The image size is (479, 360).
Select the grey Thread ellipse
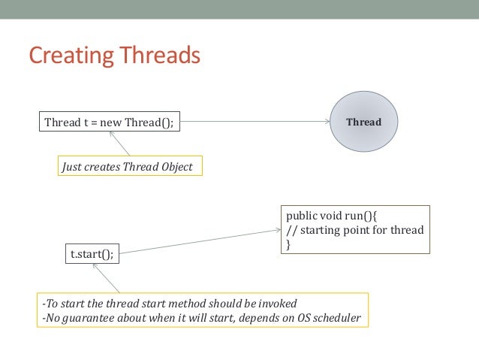363,122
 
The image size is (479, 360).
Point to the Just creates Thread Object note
131,167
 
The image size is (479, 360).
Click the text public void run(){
322,216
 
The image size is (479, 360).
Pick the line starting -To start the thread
170,304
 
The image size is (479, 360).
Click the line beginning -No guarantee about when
202,318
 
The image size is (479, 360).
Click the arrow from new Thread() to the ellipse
255,122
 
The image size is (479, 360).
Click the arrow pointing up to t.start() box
113,279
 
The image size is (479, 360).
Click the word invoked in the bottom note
278,304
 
